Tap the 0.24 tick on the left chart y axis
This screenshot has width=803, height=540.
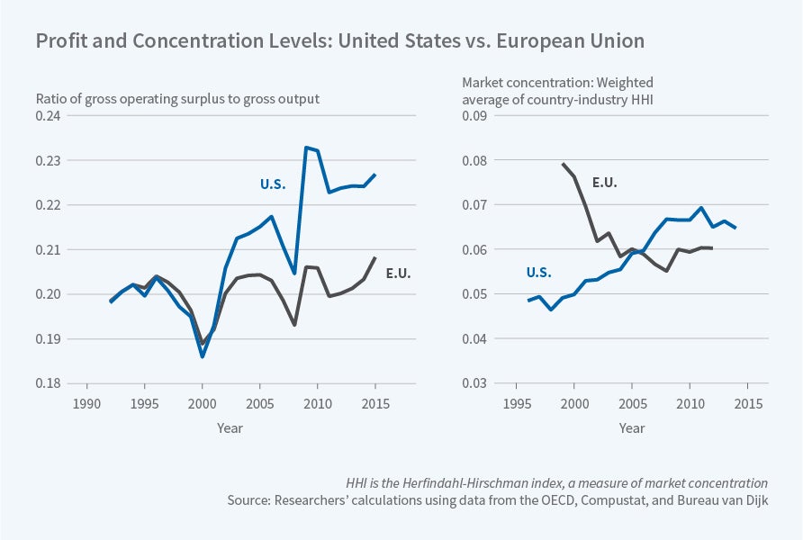pyautogui.click(x=47, y=116)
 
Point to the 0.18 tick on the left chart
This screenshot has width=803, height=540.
pyautogui.click(x=47, y=383)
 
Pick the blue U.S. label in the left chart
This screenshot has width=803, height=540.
pyautogui.click(x=273, y=184)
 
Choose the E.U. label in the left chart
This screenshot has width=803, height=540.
pyautogui.click(x=398, y=274)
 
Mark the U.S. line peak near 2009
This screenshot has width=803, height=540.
pyautogui.click(x=306, y=147)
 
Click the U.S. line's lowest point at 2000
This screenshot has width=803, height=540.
pyautogui.click(x=203, y=356)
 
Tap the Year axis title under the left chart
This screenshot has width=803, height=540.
pyautogui.click(x=230, y=428)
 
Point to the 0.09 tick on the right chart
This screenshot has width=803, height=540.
pyautogui.click(x=474, y=116)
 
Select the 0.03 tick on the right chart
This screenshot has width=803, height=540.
pyautogui.click(x=474, y=383)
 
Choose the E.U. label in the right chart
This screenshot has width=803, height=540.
pyautogui.click(x=605, y=183)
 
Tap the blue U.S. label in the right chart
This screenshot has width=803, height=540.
pyautogui.click(x=539, y=273)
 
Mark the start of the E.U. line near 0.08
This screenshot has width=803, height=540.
pyautogui.click(x=563, y=164)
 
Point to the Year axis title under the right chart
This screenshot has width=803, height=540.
pyautogui.click(x=631, y=428)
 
